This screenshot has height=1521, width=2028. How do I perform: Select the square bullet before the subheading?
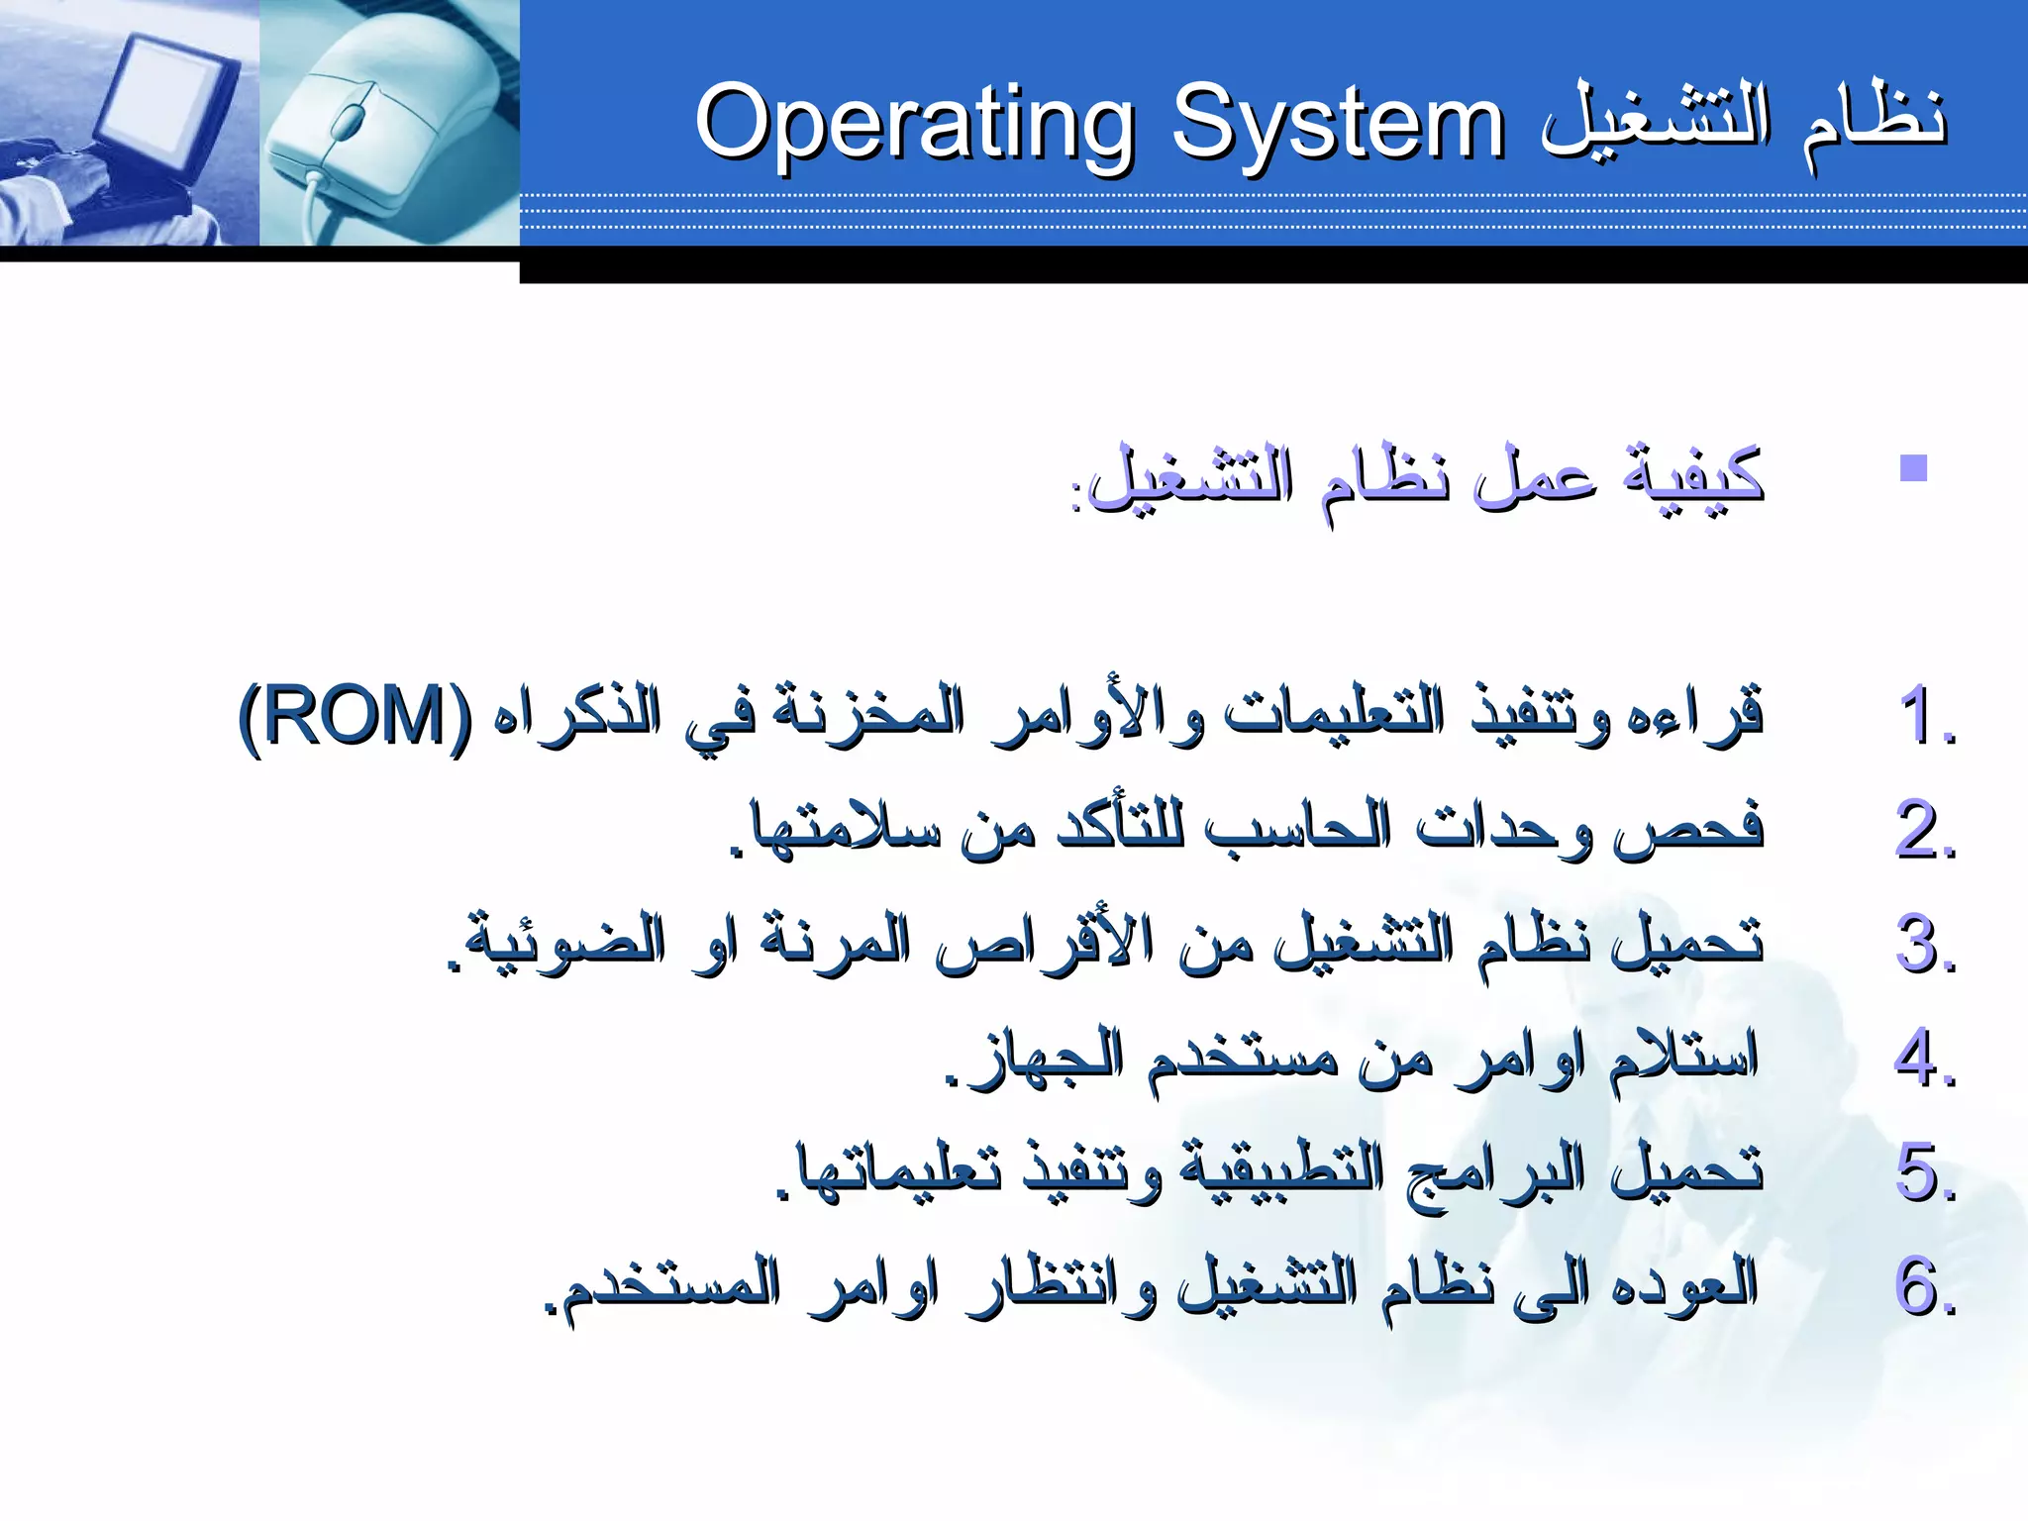coord(1913,467)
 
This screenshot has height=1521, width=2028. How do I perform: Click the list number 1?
coord(1925,715)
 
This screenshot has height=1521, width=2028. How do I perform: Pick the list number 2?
coord(1925,830)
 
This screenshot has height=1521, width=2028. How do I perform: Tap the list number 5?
coord(1925,1172)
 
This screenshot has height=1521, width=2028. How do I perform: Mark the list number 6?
coord(1925,1286)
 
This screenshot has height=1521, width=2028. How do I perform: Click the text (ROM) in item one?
coord(356,715)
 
